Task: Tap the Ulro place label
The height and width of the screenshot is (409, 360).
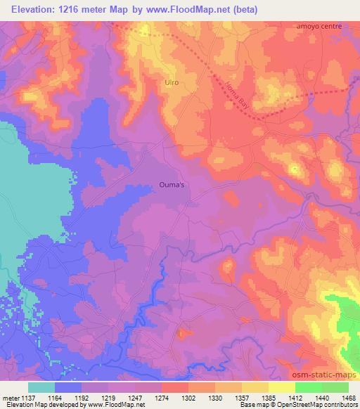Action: (x=172, y=83)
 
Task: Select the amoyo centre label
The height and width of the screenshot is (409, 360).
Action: (x=319, y=25)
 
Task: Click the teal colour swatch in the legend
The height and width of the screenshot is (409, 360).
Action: (x=41, y=387)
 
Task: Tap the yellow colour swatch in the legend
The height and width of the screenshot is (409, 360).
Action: (x=282, y=387)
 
